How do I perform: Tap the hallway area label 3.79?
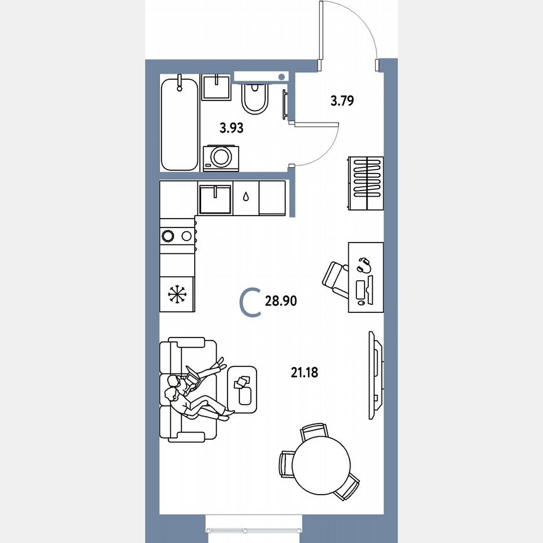coord(343,99)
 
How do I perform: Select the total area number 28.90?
coord(280,302)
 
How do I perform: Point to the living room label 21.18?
coord(304,373)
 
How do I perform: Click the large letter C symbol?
coord(250,302)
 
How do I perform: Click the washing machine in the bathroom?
coord(221,157)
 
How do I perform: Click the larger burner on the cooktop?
coord(168,236)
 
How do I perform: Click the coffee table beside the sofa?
coord(243,390)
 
